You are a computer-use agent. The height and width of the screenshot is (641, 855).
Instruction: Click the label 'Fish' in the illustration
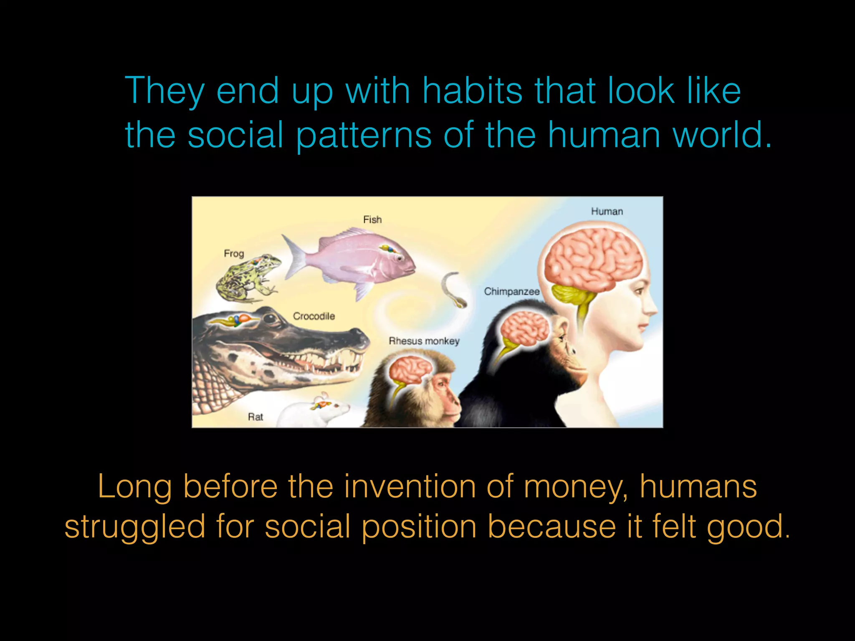(x=372, y=220)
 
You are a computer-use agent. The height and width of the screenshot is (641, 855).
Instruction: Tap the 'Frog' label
(x=234, y=253)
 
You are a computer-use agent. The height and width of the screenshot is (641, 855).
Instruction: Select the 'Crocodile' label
(x=314, y=316)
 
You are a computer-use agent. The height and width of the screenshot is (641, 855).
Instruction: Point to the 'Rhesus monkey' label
(x=424, y=341)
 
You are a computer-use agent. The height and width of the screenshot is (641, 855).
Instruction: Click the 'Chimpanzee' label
(x=511, y=291)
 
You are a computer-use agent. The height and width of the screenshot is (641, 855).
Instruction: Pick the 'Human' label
(x=607, y=211)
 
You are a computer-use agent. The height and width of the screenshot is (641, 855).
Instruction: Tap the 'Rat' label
(x=255, y=416)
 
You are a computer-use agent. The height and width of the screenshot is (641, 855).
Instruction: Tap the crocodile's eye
(x=270, y=319)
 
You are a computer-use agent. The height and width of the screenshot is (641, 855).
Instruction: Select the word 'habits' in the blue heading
(x=472, y=91)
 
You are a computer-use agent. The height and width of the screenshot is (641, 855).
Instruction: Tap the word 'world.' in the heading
(x=722, y=135)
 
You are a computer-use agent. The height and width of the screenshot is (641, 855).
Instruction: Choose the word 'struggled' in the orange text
(x=135, y=527)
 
